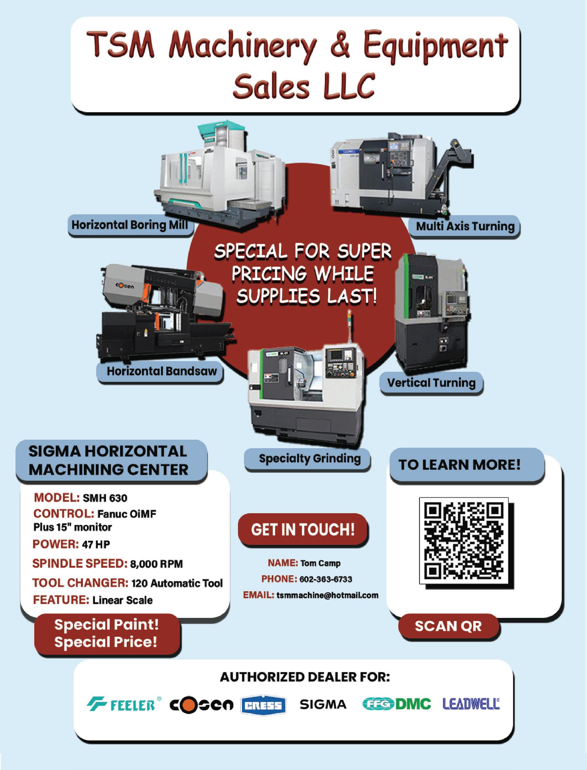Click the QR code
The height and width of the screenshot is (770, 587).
[x=464, y=540]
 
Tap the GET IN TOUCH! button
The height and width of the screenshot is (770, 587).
[x=303, y=529]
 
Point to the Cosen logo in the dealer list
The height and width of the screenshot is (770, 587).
[x=201, y=704]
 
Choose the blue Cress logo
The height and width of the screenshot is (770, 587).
[x=263, y=705]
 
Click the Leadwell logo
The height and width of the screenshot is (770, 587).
[x=471, y=704]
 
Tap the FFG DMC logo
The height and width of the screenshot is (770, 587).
[x=396, y=704]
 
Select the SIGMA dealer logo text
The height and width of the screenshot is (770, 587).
[x=323, y=704]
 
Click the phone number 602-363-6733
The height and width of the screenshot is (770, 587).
[x=326, y=579]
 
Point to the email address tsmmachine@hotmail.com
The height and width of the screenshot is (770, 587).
[x=327, y=595]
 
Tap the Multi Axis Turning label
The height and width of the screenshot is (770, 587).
[x=465, y=226]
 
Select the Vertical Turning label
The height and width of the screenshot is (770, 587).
[x=431, y=383]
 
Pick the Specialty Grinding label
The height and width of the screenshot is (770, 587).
[x=310, y=458]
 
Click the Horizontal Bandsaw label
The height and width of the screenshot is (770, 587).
[x=162, y=371]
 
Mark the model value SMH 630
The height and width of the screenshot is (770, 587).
[x=105, y=498]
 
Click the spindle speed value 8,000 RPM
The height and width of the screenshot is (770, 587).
[x=157, y=564]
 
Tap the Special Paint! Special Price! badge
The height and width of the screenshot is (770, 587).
[x=106, y=634]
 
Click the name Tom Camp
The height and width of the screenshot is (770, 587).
[x=320, y=563]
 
